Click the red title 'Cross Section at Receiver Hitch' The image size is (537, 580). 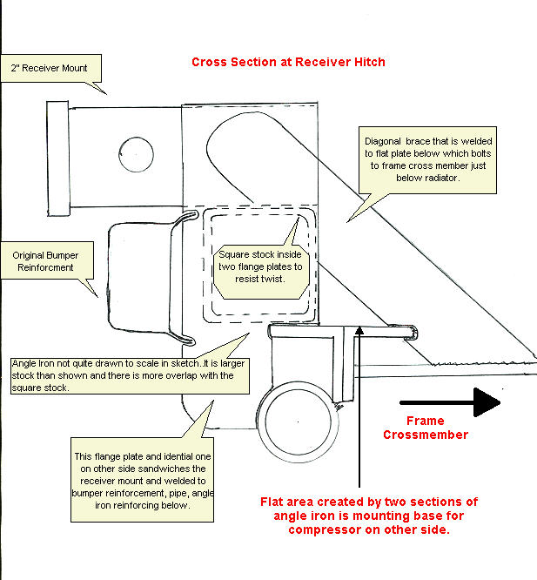click(289, 62)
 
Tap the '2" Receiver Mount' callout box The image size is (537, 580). click(50, 67)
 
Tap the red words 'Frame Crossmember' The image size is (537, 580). click(438, 428)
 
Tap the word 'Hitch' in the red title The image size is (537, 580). click(370, 62)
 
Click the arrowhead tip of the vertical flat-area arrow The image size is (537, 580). click(359, 327)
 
